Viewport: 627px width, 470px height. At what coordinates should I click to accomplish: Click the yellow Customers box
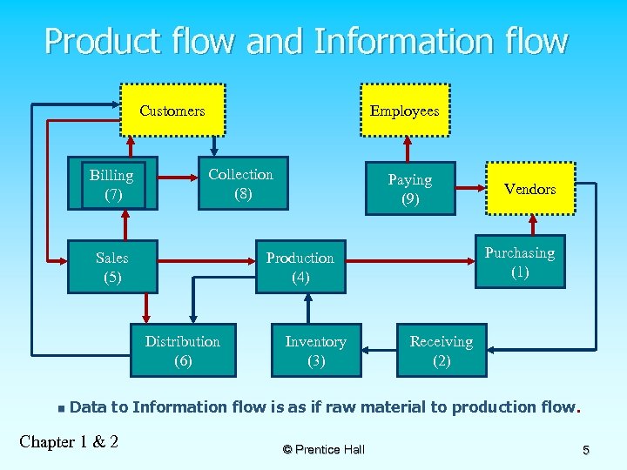pyautogui.click(x=172, y=111)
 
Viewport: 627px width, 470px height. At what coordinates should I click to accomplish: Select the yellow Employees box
pyautogui.click(x=404, y=111)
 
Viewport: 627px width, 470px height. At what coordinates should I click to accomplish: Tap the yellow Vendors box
pyautogui.click(x=529, y=189)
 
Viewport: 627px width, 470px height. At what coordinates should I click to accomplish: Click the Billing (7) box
pyautogui.click(x=112, y=185)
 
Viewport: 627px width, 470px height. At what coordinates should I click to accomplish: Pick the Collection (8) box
pyautogui.click(x=242, y=185)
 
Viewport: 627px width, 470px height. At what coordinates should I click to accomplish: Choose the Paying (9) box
pyautogui.click(x=409, y=189)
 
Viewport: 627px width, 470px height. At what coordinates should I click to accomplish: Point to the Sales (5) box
pyautogui.click(x=112, y=267)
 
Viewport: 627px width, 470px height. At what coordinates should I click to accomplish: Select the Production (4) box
pyautogui.click(x=300, y=267)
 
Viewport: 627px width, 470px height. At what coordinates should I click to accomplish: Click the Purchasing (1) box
pyautogui.click(x=519, y=262)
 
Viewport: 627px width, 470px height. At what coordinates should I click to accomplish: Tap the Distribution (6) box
pyautogui.click(x=183, y=351)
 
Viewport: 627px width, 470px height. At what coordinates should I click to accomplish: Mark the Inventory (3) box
pyautogui.click(x=315, y=351)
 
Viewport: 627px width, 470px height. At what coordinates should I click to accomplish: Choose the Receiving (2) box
pyautogui.click(x=441, y=351)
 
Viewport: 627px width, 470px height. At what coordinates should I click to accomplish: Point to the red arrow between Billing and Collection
pyautogui.click(x=178, y=180)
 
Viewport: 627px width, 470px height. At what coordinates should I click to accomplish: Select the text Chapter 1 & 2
pyautogui.click(x=69, y=441)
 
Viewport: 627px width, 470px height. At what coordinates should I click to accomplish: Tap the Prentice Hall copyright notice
pyautogui.click(x=323, y=449)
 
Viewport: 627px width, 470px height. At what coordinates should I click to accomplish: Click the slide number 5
pyautogui.click(x=586, y=450)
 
